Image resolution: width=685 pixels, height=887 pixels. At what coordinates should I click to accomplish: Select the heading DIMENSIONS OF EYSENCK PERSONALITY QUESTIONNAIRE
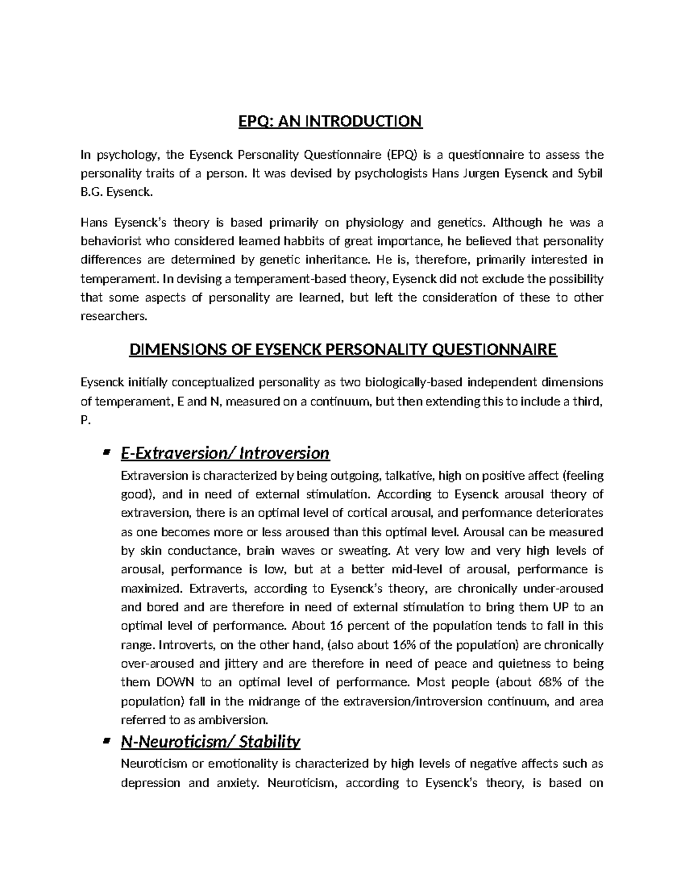coord(343,349)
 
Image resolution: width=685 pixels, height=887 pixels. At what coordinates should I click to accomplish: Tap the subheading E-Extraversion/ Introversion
coord(225,453)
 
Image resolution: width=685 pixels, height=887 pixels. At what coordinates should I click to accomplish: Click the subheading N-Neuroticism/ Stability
coord(210,742)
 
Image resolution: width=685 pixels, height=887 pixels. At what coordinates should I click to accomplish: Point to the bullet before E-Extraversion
coord(105,453)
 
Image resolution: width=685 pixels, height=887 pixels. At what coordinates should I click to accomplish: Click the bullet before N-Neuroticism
coord(105,742)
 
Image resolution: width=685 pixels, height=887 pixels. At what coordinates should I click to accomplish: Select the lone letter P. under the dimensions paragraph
coord(86,420)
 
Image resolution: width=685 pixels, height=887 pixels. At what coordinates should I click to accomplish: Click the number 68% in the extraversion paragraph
coord(549,682)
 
